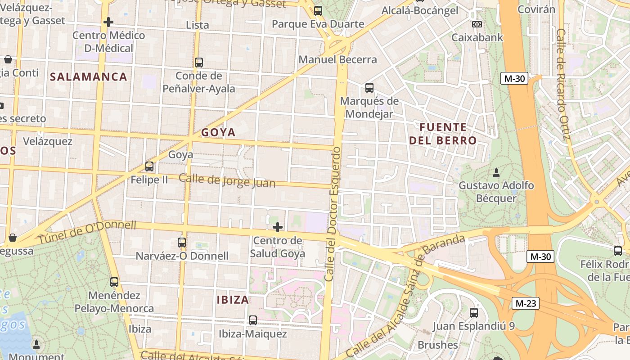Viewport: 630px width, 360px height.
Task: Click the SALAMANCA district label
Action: [89, 76]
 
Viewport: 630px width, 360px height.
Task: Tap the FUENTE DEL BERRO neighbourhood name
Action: [443, 134]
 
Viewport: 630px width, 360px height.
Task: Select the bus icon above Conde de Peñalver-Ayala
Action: [199, 63]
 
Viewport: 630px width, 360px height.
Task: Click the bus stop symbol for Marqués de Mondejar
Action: [369, 88]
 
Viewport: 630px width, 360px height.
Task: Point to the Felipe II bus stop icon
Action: [149, 166]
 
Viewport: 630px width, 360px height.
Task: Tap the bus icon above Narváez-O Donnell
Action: [182, 243]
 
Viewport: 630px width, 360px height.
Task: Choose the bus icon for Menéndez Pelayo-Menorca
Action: [114, 282]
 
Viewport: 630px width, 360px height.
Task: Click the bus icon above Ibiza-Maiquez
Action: [253, 320]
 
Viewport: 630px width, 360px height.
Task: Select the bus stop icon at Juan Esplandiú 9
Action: [474, 312]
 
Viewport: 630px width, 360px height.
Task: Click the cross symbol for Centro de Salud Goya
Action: [278, 227]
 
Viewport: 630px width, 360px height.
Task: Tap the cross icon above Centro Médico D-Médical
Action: [108, 22]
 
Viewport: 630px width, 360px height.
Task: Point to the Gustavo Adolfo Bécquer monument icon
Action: [496, 172]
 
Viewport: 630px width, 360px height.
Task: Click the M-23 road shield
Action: [526, 303]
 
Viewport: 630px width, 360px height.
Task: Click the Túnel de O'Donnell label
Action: [86, 232]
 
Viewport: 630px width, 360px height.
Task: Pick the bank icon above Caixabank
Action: [477, 24]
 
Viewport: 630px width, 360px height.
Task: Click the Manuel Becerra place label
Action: [337, 59]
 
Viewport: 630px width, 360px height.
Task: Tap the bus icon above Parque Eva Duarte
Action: [318, 11]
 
